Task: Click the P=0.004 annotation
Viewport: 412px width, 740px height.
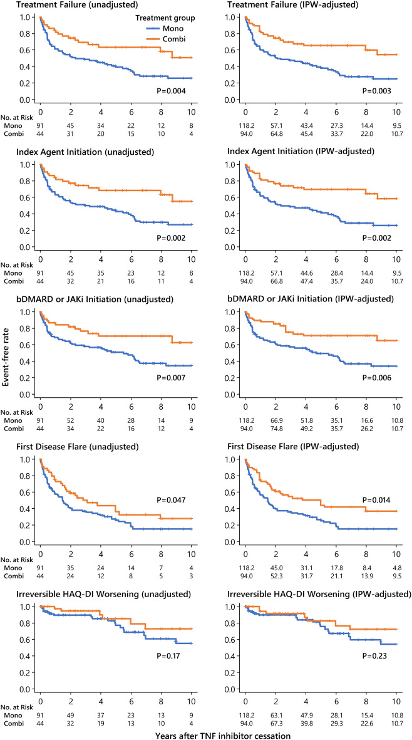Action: click(170, 91)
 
